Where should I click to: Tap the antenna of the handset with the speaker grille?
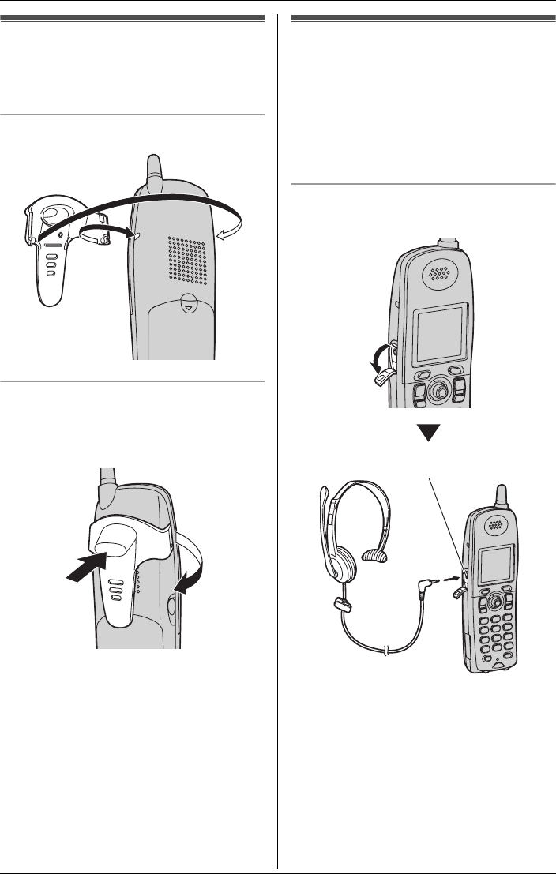pos(153,173)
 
